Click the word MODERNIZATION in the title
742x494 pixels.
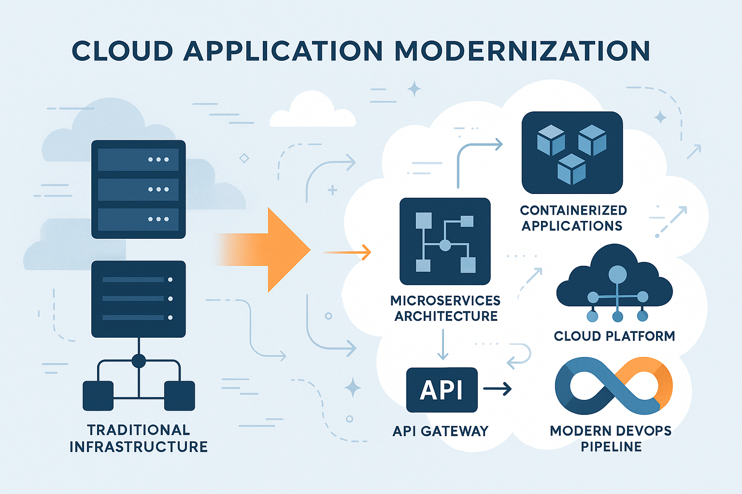pyautogui.click(x=522, y=51)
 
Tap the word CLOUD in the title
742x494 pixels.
pyautogui.click(x=123, y=51)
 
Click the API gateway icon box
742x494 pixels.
pyautogui.click(x=442, y=390)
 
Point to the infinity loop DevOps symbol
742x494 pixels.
pyautogui.click(x=614, y=386)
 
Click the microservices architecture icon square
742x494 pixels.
pyautogui.click(x=445, y=241)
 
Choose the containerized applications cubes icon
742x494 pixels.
pyautogui.click(x=572, y=152)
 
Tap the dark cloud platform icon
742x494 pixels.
pyautogui.click(x=614, y=285)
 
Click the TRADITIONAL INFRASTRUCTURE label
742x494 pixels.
pyautogui.click(x=139, y=438)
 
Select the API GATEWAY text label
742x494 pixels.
pyautogui.click(x=441, y=431)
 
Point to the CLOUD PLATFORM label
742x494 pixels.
pyautogui.click(x=614, y=336)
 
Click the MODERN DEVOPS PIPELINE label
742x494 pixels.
pyautogui.click(x=611, y=439)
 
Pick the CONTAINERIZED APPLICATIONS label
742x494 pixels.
pyautogui.click(x=573, y=218)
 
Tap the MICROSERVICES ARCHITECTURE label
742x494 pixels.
pyautogui.click(x=445, y=308)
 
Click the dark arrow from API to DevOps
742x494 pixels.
pyautogui.click(x=498, y=388)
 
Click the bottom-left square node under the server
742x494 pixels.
pyautogui.click(x=98, y=396)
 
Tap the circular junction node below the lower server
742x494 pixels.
pyautogui.click(x=139, y=360)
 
